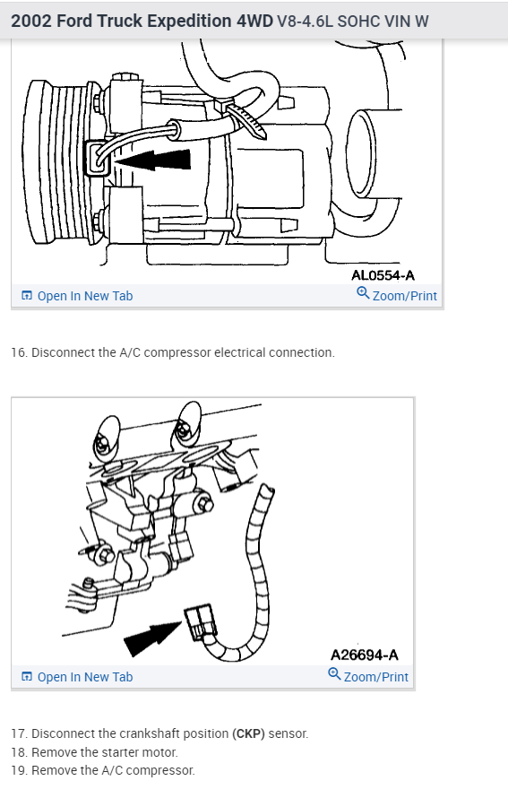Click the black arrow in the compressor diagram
pos(152,160)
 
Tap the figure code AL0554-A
pos(383,275)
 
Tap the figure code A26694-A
pos(365,655)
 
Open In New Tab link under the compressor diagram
pos(77,296)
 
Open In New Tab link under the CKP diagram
pos(77,677)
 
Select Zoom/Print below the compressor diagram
pos(397,295)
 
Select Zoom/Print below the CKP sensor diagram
pos(368,676)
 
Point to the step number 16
pos(19,352)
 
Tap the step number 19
pos(19,770)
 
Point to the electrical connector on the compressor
pos(97,159)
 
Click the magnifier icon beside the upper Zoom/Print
pos(363,292)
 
